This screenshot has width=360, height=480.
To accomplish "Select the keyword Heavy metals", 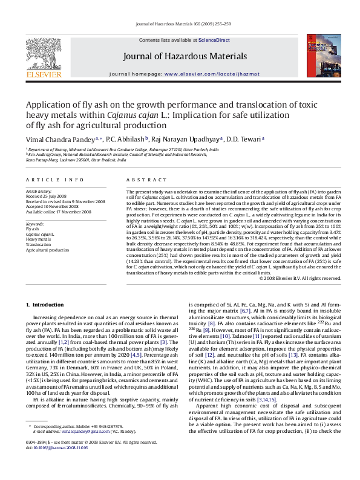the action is coord(38,239).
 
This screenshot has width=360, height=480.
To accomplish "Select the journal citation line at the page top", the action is coord(180,24).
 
